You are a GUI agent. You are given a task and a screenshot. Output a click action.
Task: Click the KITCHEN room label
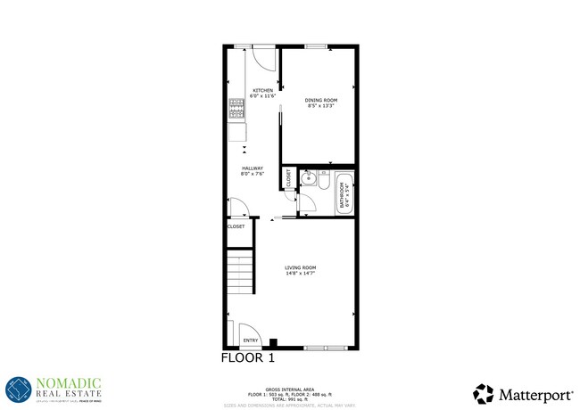point(262,91)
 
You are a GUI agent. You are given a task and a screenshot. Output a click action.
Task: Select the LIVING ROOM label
point(300,267)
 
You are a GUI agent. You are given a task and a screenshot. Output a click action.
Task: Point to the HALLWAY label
point(252,168)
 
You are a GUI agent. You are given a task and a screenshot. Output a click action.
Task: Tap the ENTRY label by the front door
point(251,340)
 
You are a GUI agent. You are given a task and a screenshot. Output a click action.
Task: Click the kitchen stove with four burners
point(236,109)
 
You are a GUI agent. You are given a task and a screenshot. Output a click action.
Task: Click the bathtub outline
point(345,194)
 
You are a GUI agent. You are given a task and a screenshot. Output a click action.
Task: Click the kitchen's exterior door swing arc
point(265,57)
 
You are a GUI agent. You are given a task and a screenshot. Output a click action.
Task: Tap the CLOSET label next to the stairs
point(236,226)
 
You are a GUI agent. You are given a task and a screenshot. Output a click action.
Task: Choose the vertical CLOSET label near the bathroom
point(289,178)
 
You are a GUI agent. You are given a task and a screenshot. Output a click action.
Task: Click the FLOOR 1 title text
point(247,358)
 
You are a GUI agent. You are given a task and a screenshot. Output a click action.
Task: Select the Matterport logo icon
point(483,392)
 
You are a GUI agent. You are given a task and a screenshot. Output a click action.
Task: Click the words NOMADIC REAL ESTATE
point(69,387)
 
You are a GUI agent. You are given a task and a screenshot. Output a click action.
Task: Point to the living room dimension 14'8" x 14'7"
point(300,274)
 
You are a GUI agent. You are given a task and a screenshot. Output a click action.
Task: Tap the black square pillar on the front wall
point(273,341)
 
